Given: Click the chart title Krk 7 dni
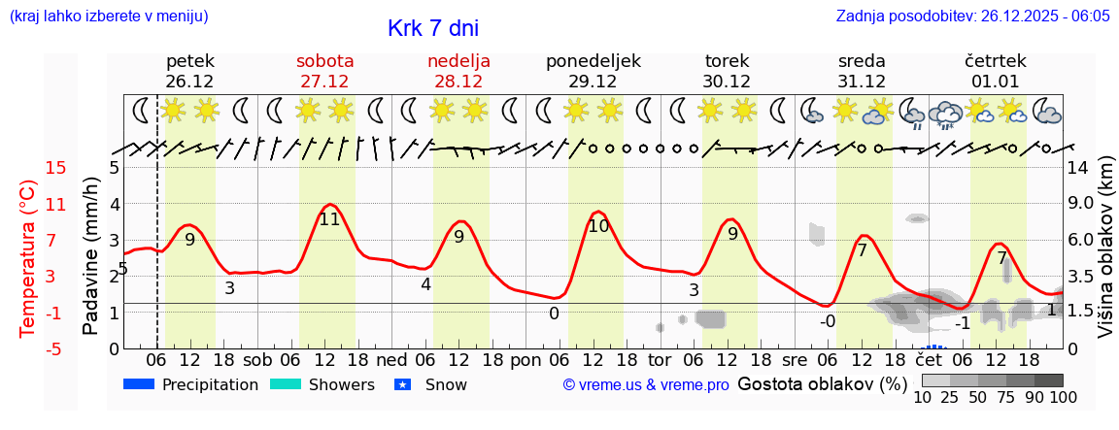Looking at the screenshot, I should (432, 29).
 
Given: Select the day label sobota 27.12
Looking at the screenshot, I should (324, 71).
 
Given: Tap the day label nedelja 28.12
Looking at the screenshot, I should (458, 71).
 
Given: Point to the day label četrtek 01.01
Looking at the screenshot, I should (995, 71).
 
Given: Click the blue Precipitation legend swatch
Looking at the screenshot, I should (140, 384).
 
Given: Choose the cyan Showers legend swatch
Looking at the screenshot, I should (286, 384).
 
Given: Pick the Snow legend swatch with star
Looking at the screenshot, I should (404, 384).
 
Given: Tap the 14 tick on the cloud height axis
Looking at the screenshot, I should (1080, 168).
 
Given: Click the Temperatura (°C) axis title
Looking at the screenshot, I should (27, 258).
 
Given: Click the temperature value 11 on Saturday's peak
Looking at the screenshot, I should (329, 219).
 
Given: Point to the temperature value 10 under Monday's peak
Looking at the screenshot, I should (598, 226).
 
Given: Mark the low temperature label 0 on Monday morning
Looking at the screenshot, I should (554, 314).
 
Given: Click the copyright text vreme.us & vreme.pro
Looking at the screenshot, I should (645, 385).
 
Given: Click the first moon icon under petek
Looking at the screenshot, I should (142, 111).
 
